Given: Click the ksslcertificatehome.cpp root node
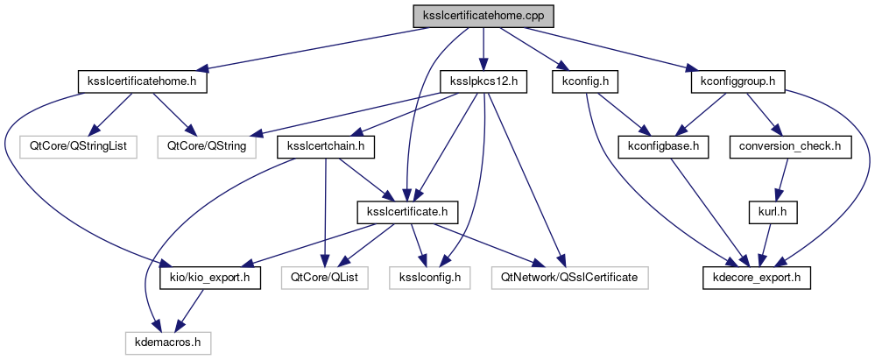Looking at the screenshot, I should [x=483, y=16].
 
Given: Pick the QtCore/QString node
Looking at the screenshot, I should [x=208, y=146].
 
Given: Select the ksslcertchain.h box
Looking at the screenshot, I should [x=326, y=146].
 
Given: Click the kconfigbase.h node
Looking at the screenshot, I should [x=663, y=146].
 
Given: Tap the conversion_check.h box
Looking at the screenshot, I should [x=789, y=146].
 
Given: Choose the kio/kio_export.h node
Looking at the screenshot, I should [x=208, y=278].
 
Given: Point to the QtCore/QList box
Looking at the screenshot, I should [x=325, y=278].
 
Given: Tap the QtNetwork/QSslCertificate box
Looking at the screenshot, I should [x=570, y=278].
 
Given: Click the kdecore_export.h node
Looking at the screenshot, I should [x=757, y=278].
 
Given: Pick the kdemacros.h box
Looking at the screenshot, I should [x=166, y=342].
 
